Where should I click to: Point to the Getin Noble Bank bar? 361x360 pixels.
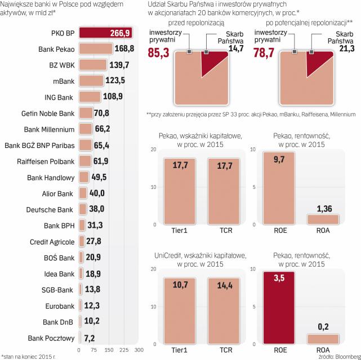[x=86, y=113]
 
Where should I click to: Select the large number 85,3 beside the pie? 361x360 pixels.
[x=161, y=55]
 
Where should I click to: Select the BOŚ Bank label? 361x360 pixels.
[x=59, y=258]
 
